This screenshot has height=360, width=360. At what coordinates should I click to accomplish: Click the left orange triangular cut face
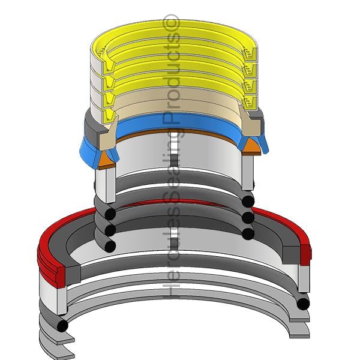coord(106,160)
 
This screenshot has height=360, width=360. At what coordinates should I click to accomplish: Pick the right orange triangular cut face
coord(251,146)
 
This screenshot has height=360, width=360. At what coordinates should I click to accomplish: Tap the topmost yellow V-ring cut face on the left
coord(109,66)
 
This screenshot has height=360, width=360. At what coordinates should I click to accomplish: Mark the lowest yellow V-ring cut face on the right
coord(250,103)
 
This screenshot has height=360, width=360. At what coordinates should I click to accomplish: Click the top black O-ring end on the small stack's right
coord(248,201)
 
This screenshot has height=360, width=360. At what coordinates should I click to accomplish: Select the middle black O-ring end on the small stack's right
coord(248,218)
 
